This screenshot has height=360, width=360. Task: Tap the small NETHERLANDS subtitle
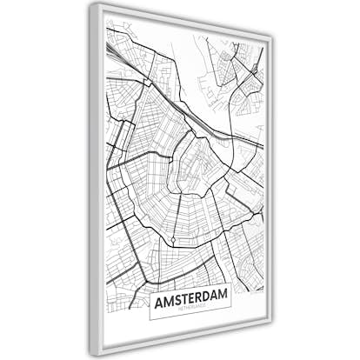[190, 310]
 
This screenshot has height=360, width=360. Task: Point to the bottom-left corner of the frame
[92, 353]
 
